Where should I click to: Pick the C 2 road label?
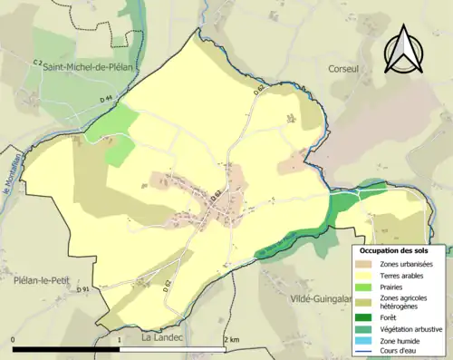[x=38, y=62]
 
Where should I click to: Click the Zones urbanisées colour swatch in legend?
[x=367, y=264]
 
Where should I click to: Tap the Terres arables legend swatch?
[x=367, y=276]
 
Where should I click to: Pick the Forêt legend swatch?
[x=367, y=317]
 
